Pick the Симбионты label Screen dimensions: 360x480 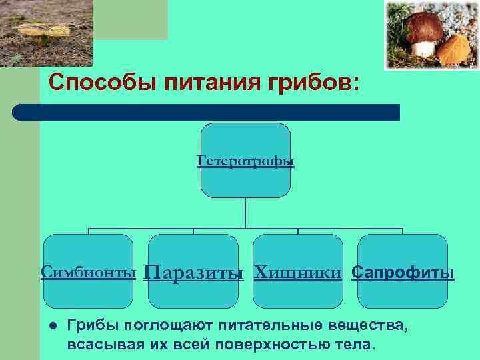coord(89,272)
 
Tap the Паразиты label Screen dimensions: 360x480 coord(193,273)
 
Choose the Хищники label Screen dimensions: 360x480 coord(298,272)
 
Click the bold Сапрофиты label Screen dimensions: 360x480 coord(403,273)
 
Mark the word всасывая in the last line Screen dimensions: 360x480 coord(98,345)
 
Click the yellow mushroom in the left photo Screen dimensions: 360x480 coord(44,31)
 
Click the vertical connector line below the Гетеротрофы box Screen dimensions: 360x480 coord(245,213)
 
